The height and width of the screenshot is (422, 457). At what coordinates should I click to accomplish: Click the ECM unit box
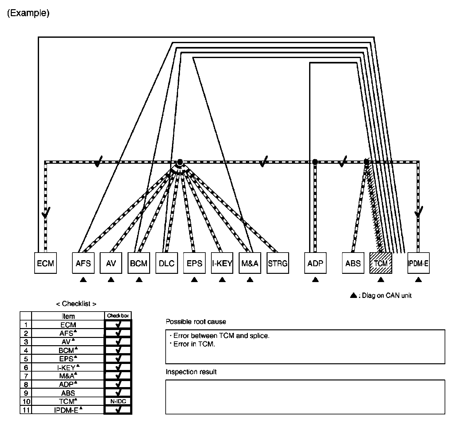45,263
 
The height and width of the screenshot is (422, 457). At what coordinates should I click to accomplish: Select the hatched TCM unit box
381,263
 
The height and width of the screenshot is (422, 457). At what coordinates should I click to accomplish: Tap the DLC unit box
167,263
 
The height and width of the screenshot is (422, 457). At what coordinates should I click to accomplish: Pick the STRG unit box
278,263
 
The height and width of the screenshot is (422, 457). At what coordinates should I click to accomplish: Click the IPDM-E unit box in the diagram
418,263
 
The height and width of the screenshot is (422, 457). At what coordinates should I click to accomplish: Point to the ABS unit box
353,263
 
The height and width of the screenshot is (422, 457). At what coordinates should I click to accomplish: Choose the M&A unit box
250,263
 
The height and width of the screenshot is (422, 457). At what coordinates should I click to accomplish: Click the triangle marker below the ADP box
315,280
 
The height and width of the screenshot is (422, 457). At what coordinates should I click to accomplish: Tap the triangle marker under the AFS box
83,280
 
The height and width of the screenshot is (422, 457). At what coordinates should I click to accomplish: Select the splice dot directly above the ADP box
315,162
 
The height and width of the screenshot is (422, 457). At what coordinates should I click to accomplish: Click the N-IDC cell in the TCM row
118,401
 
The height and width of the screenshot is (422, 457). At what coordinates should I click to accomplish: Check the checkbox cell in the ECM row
118,325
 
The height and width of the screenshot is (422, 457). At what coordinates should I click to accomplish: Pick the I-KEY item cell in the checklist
68,367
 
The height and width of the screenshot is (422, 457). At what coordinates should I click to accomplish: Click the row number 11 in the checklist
26,410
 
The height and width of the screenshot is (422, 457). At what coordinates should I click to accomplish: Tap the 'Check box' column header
118,316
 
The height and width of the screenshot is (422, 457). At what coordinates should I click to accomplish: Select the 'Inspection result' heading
191,372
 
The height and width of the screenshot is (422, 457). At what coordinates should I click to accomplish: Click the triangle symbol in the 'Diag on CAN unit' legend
353,295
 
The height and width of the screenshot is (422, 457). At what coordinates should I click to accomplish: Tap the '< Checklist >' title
76,304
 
